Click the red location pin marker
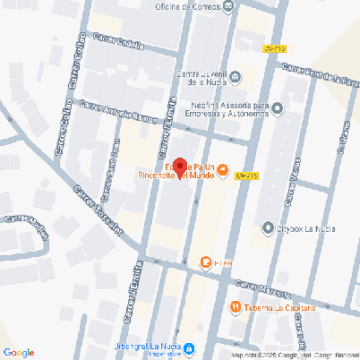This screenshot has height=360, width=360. pos(178,167)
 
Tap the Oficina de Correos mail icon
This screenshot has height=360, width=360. pos(230,7)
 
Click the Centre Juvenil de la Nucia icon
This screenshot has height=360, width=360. pos(235,78)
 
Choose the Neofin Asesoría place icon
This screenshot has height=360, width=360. pos(277,109)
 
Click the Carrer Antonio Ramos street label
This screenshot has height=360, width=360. pos(113,112)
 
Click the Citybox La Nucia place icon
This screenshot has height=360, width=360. pos(266,228)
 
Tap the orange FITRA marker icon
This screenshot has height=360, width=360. pos(205,262)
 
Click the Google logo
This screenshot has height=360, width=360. pos(19,352)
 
